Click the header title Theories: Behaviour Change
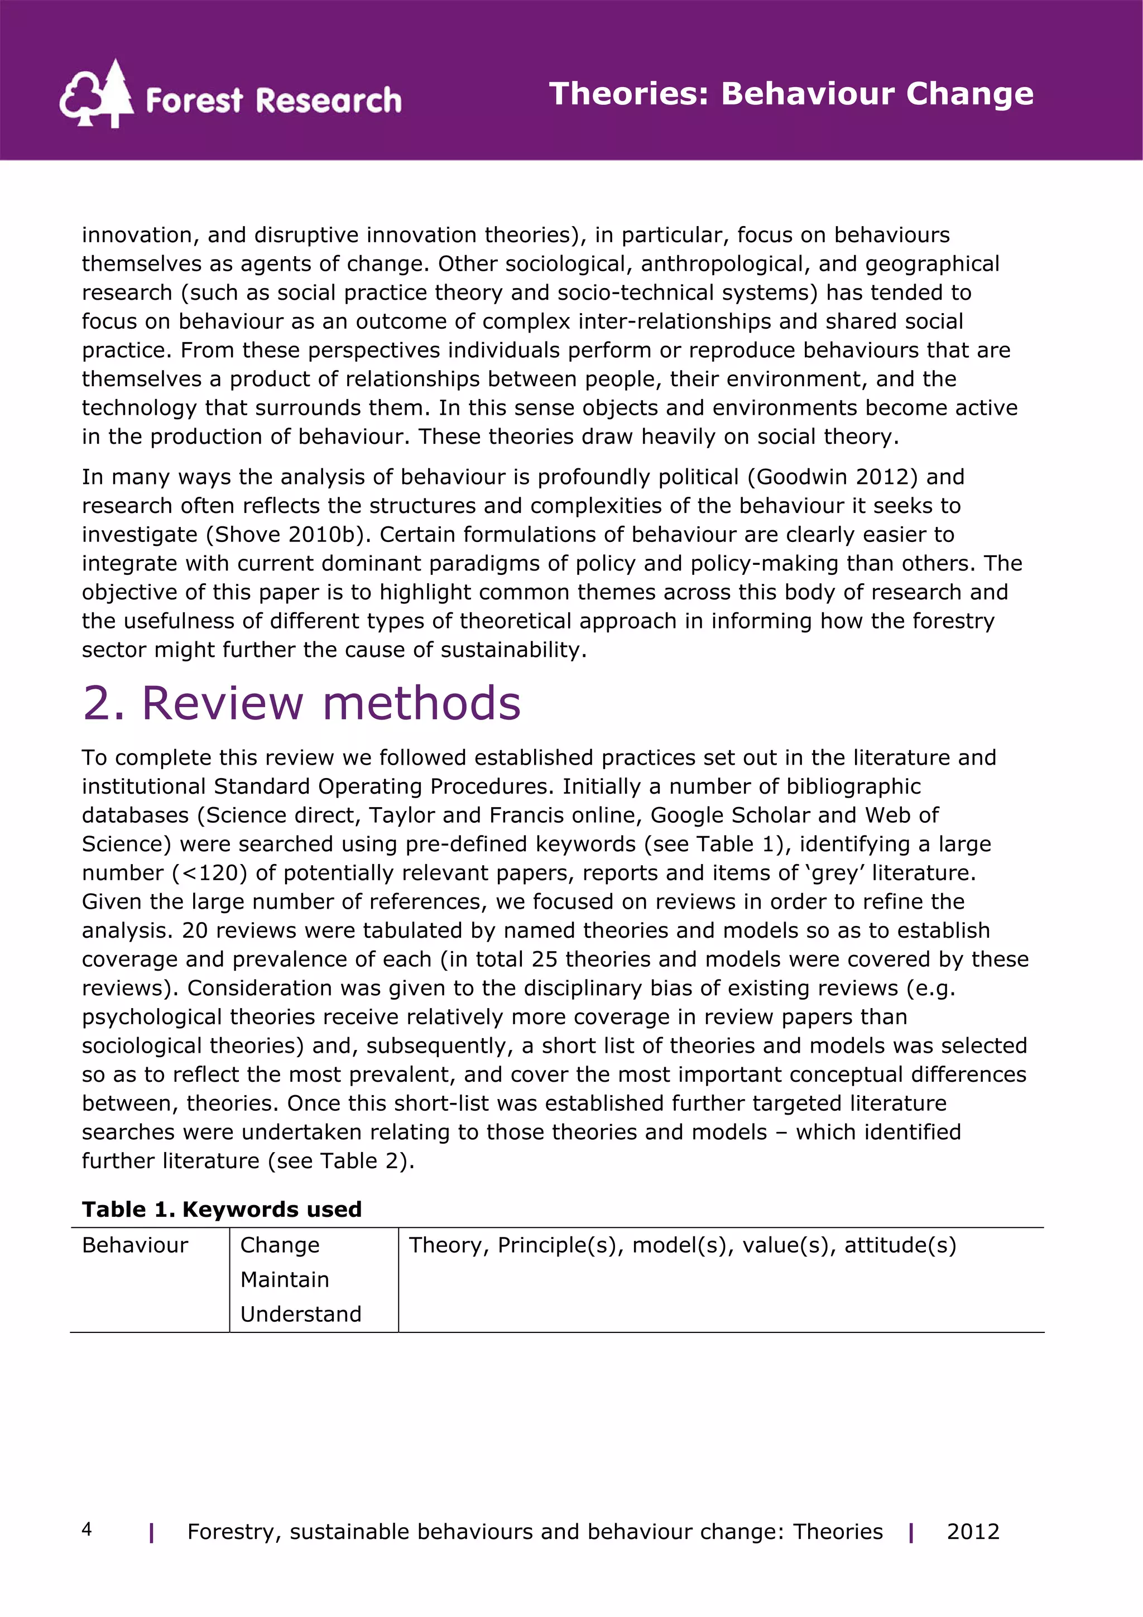pyautogui.click(x=791, y=94)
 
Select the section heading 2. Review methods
pyautogui.click(x=301, y=703)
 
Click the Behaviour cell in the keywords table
pyautogui.click(x=135, y=1245)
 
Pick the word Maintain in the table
pyautogui.click(x=285, y=1280)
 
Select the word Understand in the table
pyautogui.click(x=301, y=1314)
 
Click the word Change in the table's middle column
pyautogui.click(x=280, y=1245)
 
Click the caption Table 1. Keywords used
pyautogui.click(x=222, y=1209)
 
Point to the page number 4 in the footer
pyautogui.click(x=87, y=1529)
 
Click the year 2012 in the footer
pyautogui.click(x=973, y=1532)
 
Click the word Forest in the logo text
pyautogui.click(x=194, y=100)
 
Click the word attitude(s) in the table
pyautogui.click(x=900, y=1245)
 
